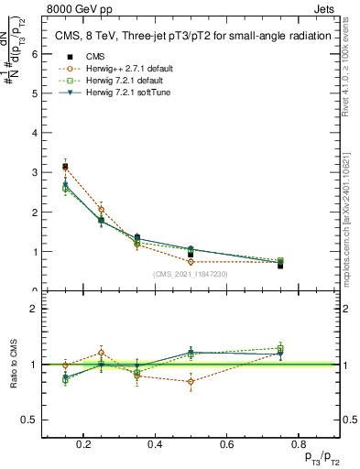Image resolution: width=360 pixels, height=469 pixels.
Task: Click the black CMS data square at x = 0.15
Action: point(65,167)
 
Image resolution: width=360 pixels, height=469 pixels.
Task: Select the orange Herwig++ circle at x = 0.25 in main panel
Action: point(101,210)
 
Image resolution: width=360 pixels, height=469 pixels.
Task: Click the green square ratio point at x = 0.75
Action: point(279,348)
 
